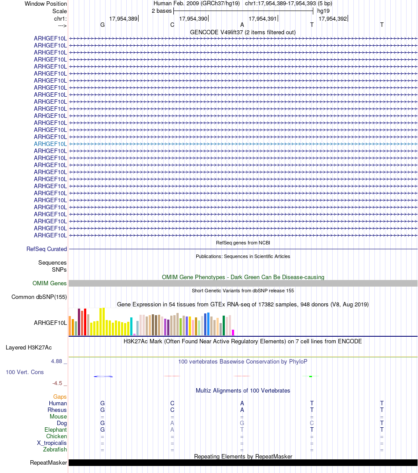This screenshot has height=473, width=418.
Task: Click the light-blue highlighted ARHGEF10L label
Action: click(51, 144)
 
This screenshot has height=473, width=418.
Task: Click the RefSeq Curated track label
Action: click(47, 249)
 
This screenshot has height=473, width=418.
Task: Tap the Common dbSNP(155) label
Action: click(39, 297)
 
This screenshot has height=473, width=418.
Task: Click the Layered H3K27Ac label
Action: click(29, 347)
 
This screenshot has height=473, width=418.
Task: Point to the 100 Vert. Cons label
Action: click(25, 372)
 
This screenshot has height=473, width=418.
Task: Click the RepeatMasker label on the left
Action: click(48, 462)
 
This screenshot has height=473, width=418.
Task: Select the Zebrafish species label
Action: click(55, 450)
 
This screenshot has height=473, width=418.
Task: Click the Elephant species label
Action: click(55, 429)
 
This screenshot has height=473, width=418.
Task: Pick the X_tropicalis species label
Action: click(52, 443)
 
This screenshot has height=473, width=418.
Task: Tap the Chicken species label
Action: click(56, 436)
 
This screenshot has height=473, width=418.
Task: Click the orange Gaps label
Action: click(60, 397)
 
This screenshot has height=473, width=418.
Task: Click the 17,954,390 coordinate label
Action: click(193, 18)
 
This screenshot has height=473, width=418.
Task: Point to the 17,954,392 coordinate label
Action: click(333, 18)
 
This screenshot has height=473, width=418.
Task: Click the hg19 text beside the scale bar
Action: click(323, 11)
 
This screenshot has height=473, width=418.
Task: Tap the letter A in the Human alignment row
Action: click(242, 403)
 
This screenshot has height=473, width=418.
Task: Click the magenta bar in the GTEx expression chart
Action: click(233, 332)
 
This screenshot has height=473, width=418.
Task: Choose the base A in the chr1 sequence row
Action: click(242, 25)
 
